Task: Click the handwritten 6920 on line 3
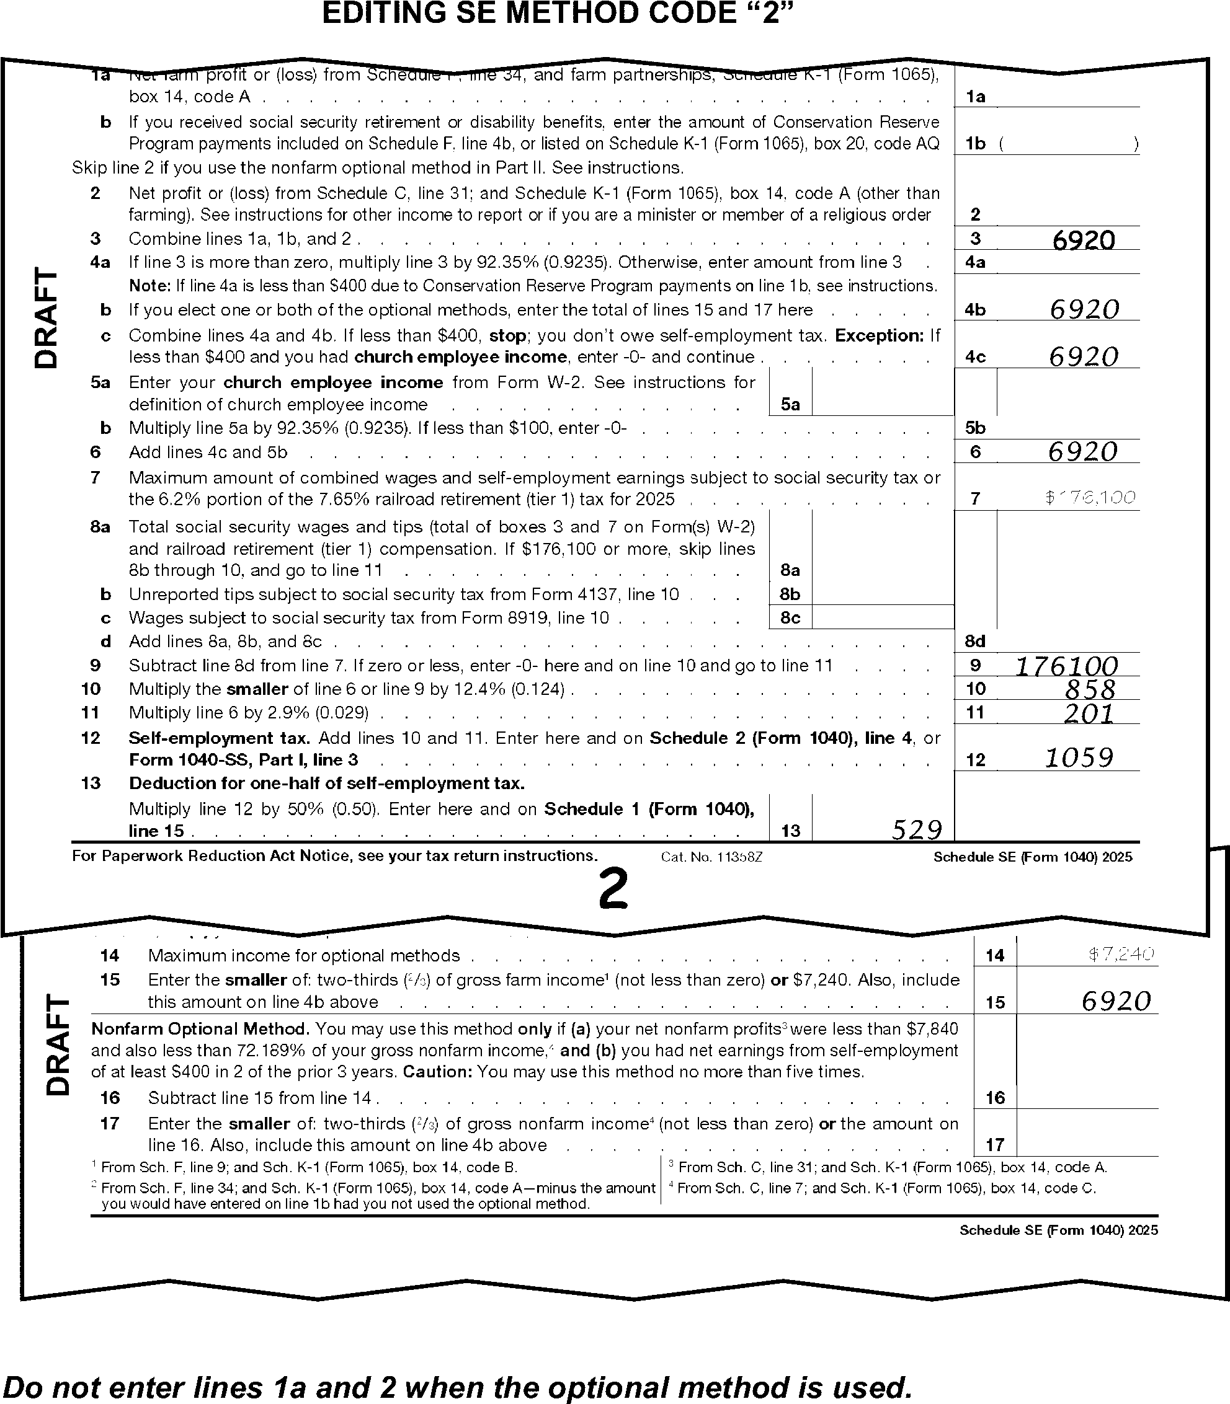[1083, 240]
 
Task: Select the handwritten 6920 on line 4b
[1084, 310]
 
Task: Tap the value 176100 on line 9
[1066, 666]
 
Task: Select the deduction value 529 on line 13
[916, 831]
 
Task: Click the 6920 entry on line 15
[1115, 1001]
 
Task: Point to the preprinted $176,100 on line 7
[1090, 498]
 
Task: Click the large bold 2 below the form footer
[613, 890]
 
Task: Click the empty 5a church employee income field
[882, 392]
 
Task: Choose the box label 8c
[791, 618]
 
